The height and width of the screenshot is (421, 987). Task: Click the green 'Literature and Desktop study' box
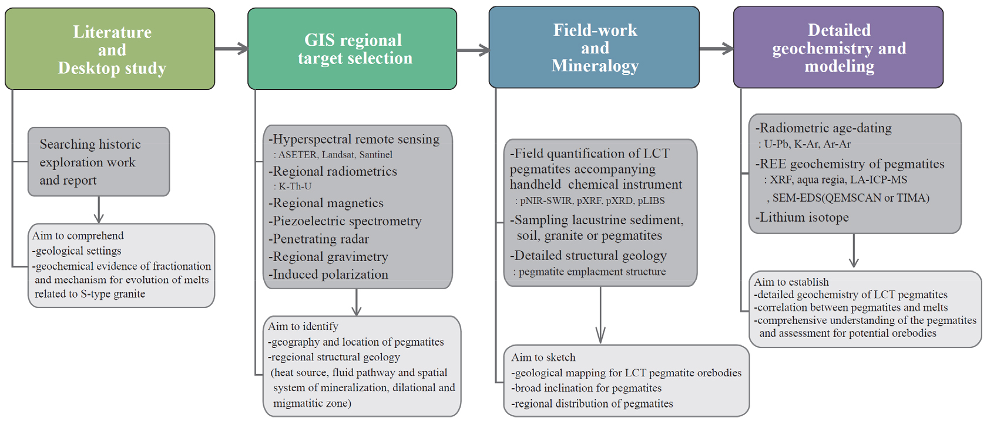tap(110, 49)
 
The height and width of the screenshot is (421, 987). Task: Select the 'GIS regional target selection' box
tap(352, 49)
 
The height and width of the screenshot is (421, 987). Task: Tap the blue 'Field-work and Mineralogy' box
tap(594, 47)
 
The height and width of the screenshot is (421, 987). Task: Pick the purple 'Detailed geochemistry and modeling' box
tap(838, 47)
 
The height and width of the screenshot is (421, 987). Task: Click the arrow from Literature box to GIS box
tap(231, 48)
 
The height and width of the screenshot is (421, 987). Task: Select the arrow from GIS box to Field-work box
tap(474, 50)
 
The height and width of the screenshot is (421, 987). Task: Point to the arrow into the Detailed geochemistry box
tap(717, 48)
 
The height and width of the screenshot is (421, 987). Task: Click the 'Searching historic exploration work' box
tap(99, 162)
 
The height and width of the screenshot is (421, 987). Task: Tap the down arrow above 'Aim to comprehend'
tap(99, 210)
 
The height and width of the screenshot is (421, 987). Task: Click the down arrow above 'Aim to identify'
tap(357, 302)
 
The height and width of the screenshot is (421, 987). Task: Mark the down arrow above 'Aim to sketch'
tap(600, 315)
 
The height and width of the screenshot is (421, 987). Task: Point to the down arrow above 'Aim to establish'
tap(854, 250)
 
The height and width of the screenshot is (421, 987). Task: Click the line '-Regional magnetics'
tap(326, 203)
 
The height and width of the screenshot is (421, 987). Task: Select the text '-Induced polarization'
tap(328, 274)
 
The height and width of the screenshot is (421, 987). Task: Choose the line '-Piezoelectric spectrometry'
tap(345, 221)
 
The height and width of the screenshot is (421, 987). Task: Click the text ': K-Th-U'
tap(293, 186)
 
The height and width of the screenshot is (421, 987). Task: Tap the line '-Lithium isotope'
tap(802, 217)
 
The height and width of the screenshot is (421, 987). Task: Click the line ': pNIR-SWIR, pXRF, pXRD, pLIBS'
tap(590, 201)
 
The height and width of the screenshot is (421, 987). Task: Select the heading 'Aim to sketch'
tap(543, 357)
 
